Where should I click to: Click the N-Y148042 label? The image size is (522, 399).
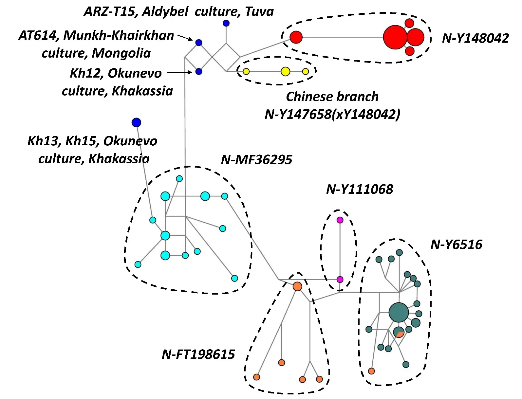pyautogui.click(x=475, y=38)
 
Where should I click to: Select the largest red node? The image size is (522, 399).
pyautogui.click(x=395, y=37)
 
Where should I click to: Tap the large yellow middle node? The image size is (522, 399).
pyautogui.click(x=286, y=71)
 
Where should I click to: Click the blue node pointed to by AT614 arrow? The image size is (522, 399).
pyautogui.click(x=198, y=43)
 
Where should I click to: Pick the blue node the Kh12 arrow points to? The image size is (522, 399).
pyautogui.click(x=198, y=71)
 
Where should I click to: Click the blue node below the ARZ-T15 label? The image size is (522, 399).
pyautogui.click(x=226, y=23)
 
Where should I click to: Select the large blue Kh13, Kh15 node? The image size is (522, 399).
pyautogui.click(x=136, y=122)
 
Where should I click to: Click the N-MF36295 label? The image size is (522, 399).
pyautogui.click(x=256, y=160)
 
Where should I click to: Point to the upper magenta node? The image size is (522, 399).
pyautogui.click(x=340, y=220)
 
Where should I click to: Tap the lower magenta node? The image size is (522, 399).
pyautogui.click(x=340, y=280)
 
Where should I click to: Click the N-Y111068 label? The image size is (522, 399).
pyautogui.click(x=360, y=189)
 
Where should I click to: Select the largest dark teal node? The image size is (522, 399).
pyautogui.click(x=399, y=312)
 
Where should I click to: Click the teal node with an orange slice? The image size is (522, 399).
pyautogui.click(x=399, y=332)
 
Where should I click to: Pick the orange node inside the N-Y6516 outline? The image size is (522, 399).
pyautogui.click(x=371, y=371)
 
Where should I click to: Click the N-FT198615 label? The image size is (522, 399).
pyautogui.click(x=198, y=354)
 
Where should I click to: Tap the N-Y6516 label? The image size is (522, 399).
pyautogui.click(x=456, y=245)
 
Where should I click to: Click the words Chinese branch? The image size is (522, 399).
pyautogui.click(x=332, y=97)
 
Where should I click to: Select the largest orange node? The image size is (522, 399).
pyautogui.click(x=297, y=286)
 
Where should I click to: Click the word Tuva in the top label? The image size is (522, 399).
pyautogui.click(x=259, y=12)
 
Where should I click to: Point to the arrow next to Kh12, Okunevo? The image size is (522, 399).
pyautogui.click(x=179, y=72)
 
